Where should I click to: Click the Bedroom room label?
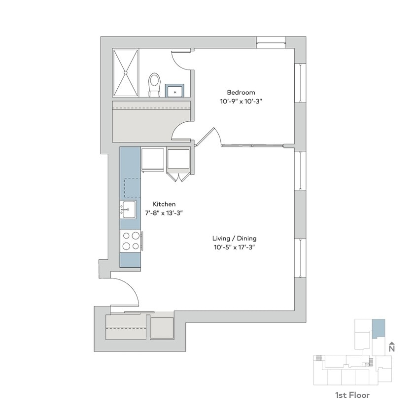(x=241, y=92)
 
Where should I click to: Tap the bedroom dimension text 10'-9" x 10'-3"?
(x=241, y=102)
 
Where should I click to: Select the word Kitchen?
(x=164, y=204)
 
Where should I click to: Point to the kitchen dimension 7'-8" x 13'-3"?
(x=164, y=213)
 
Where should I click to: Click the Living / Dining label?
(x=235, y=238)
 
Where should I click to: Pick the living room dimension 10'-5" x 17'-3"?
(x=235, y=247)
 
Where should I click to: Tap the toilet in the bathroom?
(x=155, y=84)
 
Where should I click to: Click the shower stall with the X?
(x=126, y=72)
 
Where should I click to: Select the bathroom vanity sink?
(x=174, y=91)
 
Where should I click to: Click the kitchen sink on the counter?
(x=129, y=209)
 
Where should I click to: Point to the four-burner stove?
(x=131, y=241)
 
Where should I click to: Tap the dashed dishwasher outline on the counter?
(x=132, y=187)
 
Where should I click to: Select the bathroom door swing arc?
(x=182, y=62)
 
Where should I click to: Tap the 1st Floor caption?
(x=352, y=395)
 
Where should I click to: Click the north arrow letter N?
(x=392, y=349)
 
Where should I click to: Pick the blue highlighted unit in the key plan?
(x=378, y=328)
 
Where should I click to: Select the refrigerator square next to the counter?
(x=152, y=159)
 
